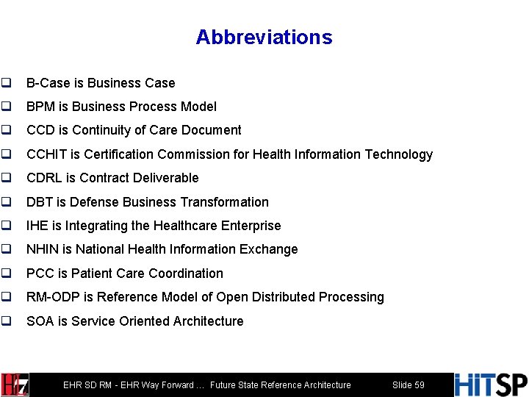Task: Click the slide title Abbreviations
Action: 264,37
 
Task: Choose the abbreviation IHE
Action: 37,226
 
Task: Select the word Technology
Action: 396,154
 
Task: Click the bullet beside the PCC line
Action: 6,273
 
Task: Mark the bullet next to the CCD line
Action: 6,130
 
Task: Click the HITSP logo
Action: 490,385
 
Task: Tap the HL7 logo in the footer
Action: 15,385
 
